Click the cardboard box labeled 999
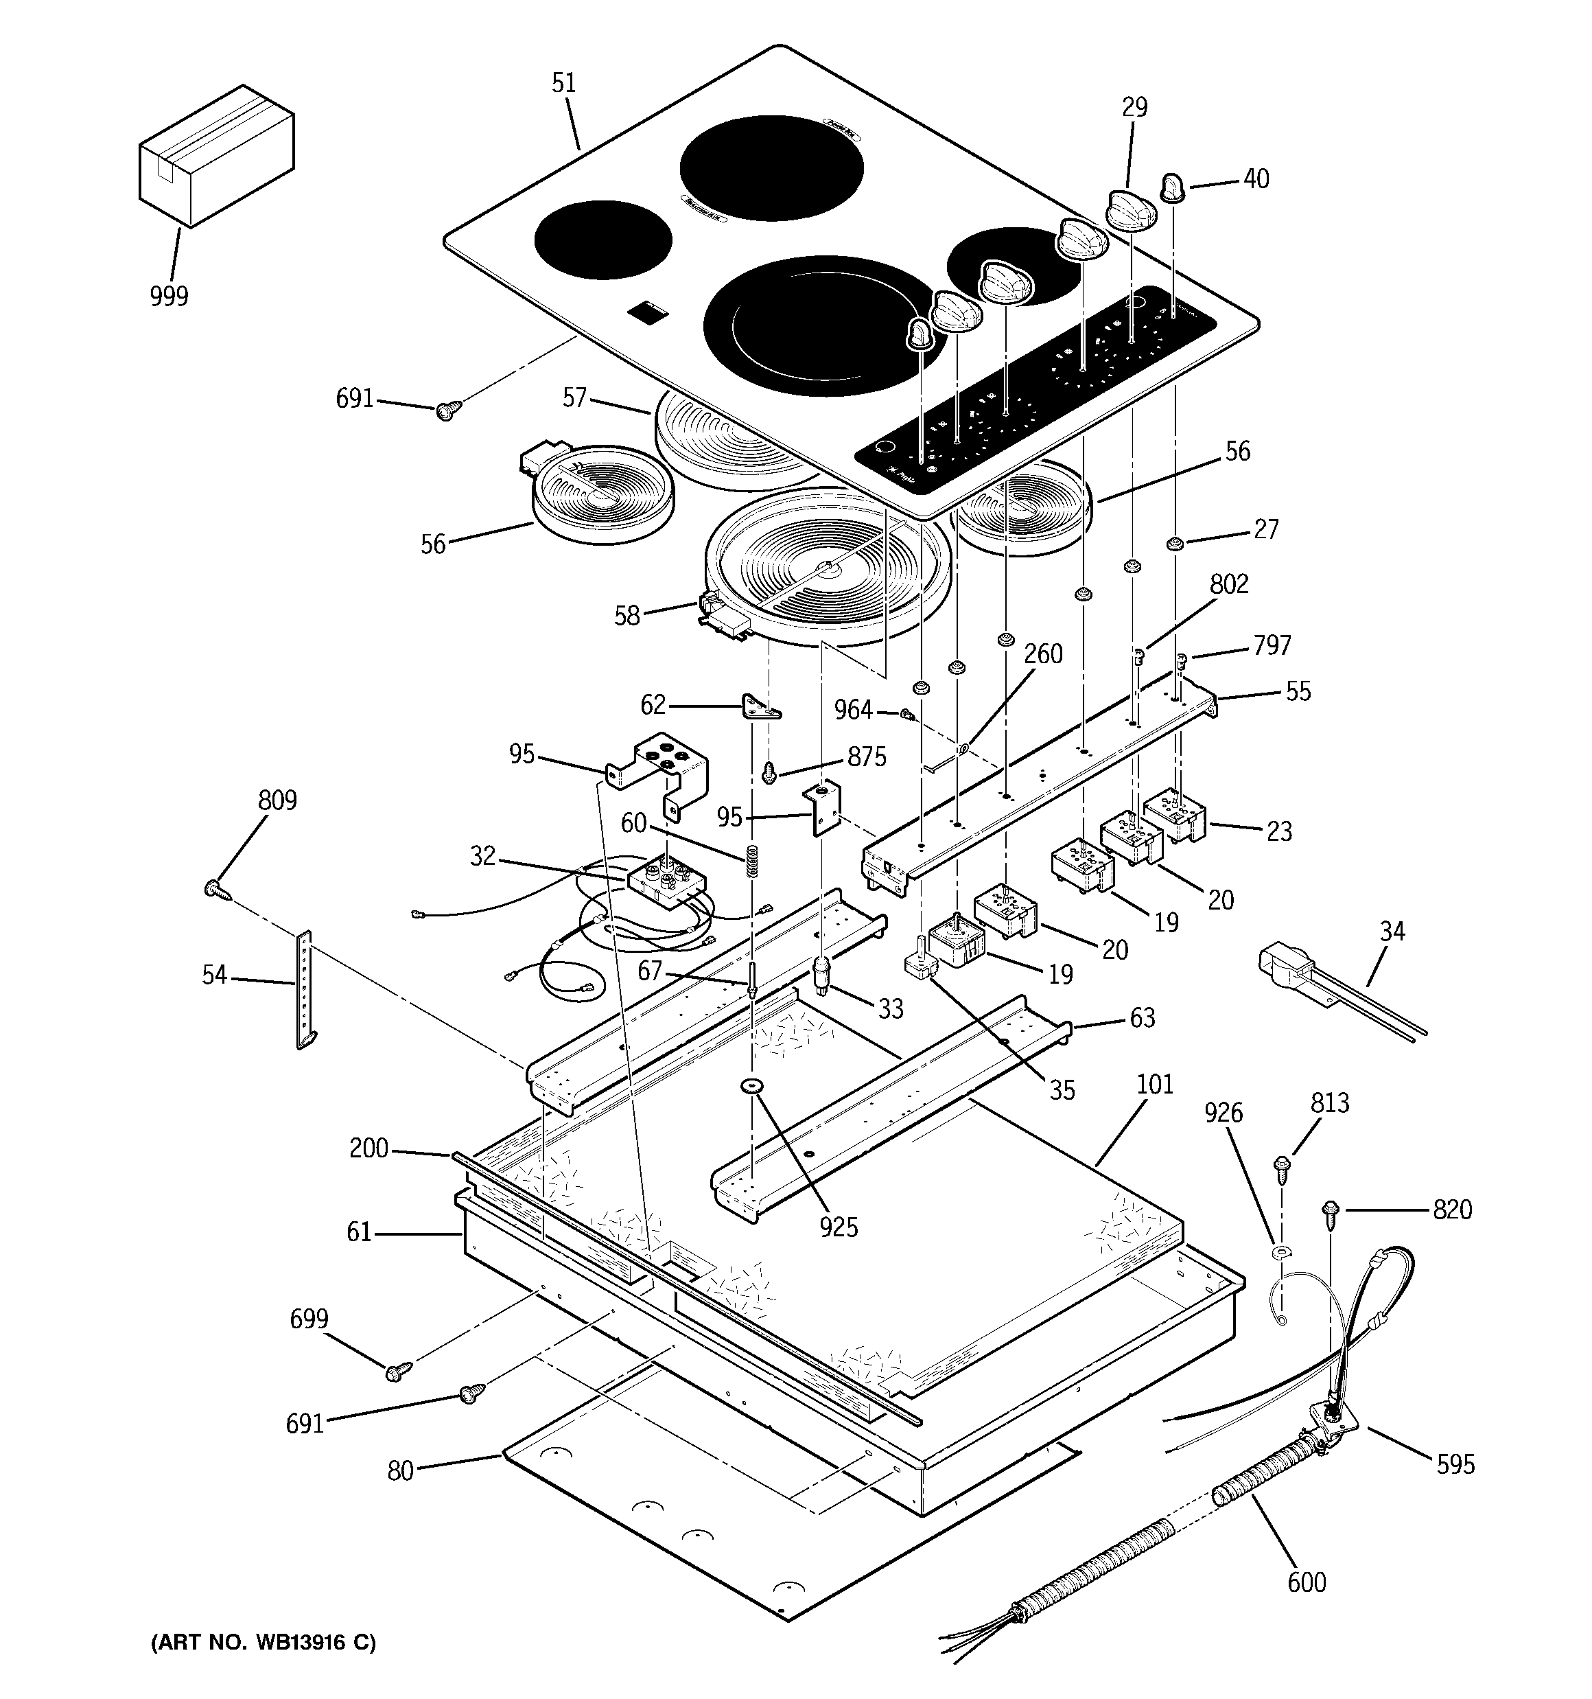click(215, 157)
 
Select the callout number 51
click(564, 84)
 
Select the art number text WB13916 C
click(264, 1643)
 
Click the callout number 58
click(627, 615)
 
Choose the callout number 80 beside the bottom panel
click(400, 1470)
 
